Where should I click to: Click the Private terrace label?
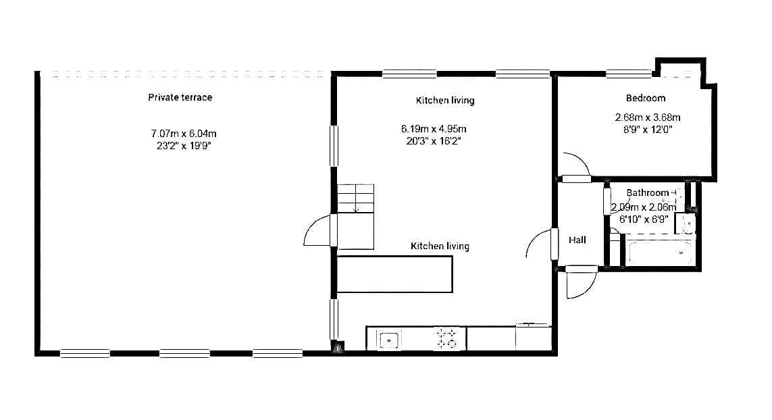[x=180, y=97]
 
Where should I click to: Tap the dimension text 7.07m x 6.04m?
[x=184, y=134]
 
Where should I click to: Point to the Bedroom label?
[x=646, y=98]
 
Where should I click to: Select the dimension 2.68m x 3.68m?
[x=648, y=117]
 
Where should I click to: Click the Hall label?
[x=577, y=240]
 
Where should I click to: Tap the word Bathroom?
[x=648, y=192]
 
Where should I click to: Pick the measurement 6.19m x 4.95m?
[x=433, y=129]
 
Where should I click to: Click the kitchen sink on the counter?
[x=389, y=340]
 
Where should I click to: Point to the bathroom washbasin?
[x=686, y=224]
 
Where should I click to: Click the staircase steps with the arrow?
[x=355, y=199]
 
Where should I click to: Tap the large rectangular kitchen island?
[x=394, y=274]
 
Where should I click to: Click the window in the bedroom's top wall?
[x=628, y=74]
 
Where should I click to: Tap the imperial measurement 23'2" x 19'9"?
[x=184, y=146]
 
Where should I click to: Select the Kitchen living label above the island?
[x=440, y=246]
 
